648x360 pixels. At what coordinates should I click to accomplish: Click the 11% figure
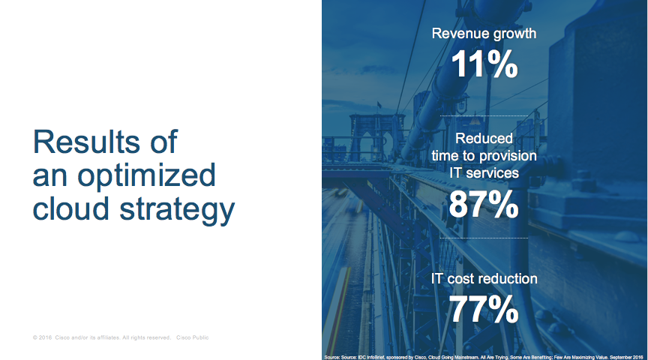coord(484,65)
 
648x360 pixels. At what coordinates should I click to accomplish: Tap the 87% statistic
coord(484,204)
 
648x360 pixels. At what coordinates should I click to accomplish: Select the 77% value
coord(484,309)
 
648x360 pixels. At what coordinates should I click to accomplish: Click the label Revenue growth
coord(484,34)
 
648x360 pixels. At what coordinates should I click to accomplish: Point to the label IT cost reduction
coord(484,278)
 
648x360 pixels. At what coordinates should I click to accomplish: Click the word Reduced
coord(484,139)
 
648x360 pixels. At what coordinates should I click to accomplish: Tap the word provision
coord(508,156)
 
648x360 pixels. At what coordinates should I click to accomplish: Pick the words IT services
coord(484,172)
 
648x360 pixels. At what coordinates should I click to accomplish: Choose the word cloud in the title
coord(71,210)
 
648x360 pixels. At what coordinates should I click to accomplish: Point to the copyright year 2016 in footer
coord(45,337)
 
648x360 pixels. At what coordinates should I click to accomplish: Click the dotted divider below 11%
coord(484,116)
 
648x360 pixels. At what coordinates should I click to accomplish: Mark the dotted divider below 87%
coord(484,238)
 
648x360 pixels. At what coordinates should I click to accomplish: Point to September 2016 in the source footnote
coord(623,355)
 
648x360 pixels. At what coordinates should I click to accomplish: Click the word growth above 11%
coord(510,34)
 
